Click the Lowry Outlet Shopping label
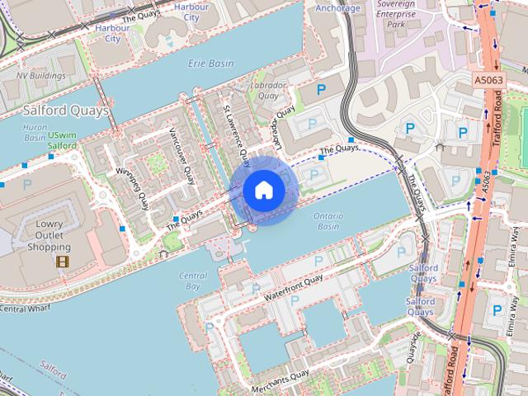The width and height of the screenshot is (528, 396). pos(49,235)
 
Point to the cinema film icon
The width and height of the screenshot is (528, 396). pos(63,262)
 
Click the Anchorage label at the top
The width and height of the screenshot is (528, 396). pos(338,8)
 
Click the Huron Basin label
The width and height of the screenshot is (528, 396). pos(35,133)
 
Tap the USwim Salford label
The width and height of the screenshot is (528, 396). pos(63,140)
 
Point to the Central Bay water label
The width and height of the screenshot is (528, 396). pos(191,280)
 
